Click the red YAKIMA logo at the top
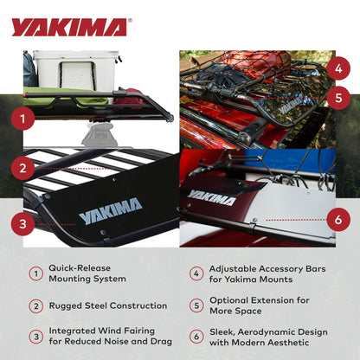coord(69,28)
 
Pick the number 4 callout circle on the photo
coord(338,67)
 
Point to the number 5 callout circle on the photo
coord(338,98)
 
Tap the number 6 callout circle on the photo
coord(338,219)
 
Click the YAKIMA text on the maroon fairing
coord(212,197)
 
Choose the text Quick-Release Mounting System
coord(87,273)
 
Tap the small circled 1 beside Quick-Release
coord(35,273)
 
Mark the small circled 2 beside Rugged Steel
coord(35,305)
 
